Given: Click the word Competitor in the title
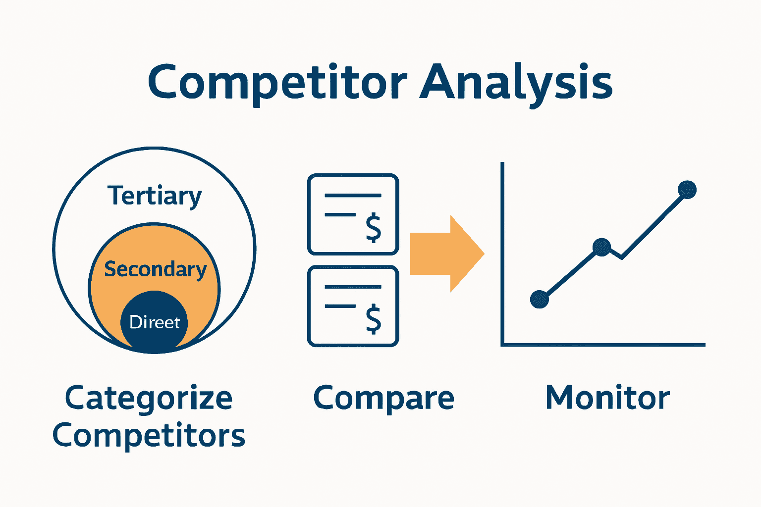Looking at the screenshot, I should click(x=277, y=82).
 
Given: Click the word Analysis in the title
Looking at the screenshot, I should click(x=516, y=82).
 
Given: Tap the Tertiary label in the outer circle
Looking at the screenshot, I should click(x=155, y=196).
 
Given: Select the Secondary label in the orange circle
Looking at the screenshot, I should click(x=155, y=269).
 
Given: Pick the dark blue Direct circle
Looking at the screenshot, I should click(x=155, y=322).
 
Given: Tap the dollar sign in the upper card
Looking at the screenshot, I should click(x=373, y=228).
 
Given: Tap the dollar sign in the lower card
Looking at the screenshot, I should click(x=373, y=319).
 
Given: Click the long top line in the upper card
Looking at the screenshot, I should click(x=353, y=196).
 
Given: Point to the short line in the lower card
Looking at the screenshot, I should click(x=340, y=306).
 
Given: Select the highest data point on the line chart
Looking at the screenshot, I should click(x=687, y=190).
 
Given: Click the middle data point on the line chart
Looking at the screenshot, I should click(x=601, y=247).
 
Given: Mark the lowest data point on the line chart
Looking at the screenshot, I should click(x=540, y=299).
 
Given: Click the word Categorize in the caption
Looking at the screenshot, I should click(x=149, y=398).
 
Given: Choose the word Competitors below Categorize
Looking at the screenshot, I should click(x=149, y=436).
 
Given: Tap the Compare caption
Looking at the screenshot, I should click(x=383, y=398).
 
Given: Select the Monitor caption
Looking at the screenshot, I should click(x=607, y=398).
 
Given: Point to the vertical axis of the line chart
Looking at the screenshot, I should click(x=502, y=248).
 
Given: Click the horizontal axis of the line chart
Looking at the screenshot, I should click(x=604, y=345).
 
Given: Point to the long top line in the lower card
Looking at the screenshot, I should click(x=353, y=287).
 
